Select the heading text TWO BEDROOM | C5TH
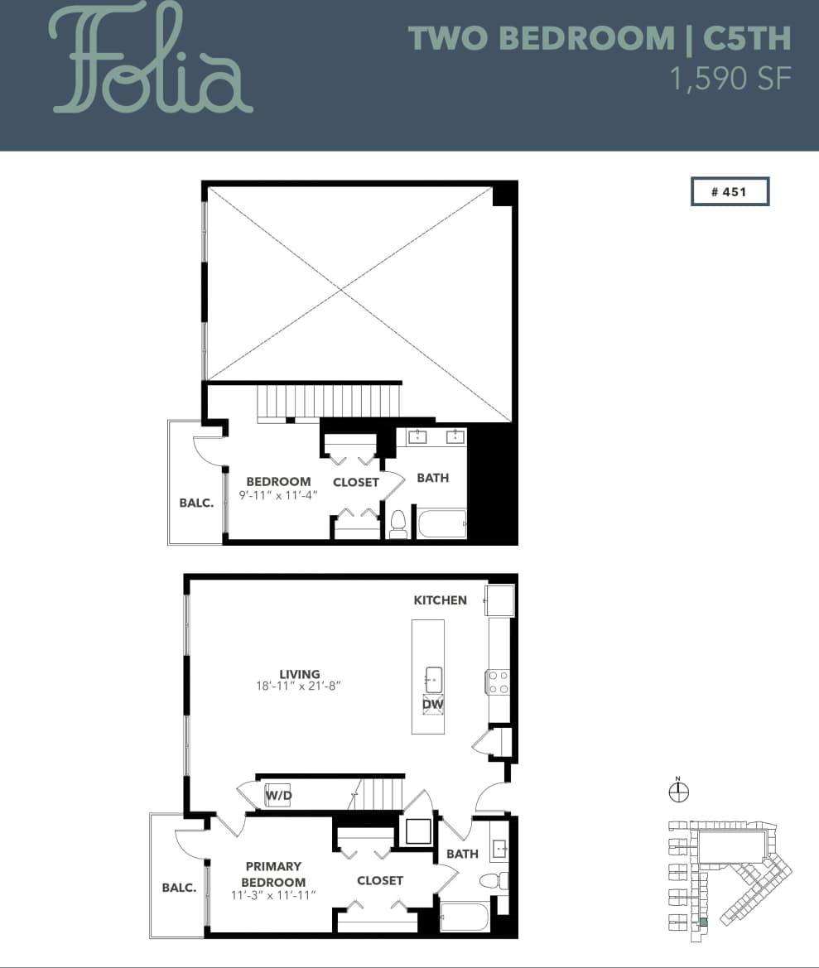pos(600,39)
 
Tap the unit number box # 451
pos(730,191)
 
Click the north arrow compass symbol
pos(678,792)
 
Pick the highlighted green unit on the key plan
pos(704,922)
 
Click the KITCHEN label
pos(440,600)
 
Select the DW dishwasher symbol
pos(433,705)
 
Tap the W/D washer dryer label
pos(277,796)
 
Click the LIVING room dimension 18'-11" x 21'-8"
pos(299,686)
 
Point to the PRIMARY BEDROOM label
pos(273,874)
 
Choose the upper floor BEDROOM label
pos(278,481)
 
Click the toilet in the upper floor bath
pos(398,523)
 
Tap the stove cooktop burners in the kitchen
pos(498,681)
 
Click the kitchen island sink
pos(433,679)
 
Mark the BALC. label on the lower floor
pos(179,887)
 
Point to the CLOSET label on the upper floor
pos(356,482)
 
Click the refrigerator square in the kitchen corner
pos(499,600)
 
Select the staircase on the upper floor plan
pos(329,403)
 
